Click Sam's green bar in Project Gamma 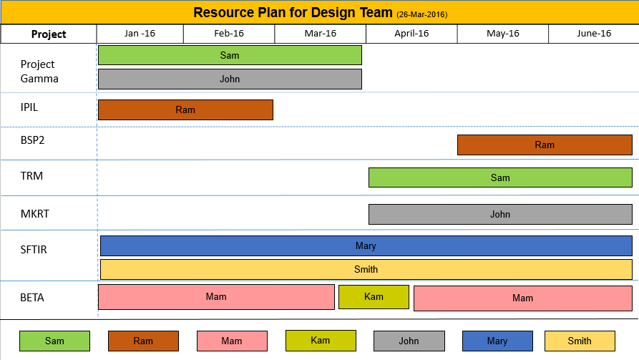pos(230,55)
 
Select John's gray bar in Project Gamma pos(230,79)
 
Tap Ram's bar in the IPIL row pos(185,110)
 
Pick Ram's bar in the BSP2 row pos(545,145)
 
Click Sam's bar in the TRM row pos(500,177)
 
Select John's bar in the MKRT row pos(500,214)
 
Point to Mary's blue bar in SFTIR pos(366,245)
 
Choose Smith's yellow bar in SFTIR pos(366,270)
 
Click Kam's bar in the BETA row pos(374,297)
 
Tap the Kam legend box pos(321,341)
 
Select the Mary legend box pos(497,341)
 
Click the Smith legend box pos(580,341)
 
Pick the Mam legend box pos(232,341)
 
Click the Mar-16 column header pos(321,34)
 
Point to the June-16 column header pos(594,34)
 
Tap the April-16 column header pos(411,34)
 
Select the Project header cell pos(49,34)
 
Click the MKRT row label pos(34,213)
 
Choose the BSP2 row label pos(32,140)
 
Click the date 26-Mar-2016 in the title pos(421,15)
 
